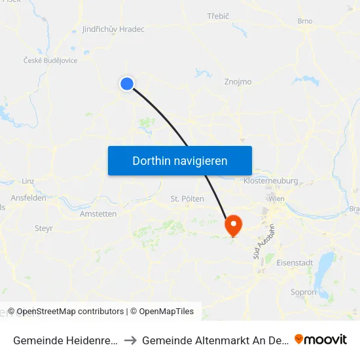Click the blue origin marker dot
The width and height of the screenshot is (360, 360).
point(127,83)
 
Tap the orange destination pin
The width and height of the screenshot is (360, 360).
point(234,226)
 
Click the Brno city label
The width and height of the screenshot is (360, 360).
point(305,21)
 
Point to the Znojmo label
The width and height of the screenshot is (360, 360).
point(238,82)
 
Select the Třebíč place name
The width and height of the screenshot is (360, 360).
point(217,15)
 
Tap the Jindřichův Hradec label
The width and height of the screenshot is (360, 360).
point(113,29)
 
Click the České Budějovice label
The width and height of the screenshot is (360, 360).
point(50,60)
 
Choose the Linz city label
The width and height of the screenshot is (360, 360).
point(27,181)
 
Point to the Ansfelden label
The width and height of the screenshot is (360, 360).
point(28,198)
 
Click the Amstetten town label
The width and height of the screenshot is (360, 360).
point(98,213)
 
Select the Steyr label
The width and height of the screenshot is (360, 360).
point(44,228)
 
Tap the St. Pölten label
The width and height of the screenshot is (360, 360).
point(187,198)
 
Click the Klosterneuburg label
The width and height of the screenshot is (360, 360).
point(270,181)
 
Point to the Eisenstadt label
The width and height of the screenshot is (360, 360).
point(295,262)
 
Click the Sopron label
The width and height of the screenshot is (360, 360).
point(303,292)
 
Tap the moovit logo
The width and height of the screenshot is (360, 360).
point(321,339)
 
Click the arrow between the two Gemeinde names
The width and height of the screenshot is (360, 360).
point(130,340)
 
